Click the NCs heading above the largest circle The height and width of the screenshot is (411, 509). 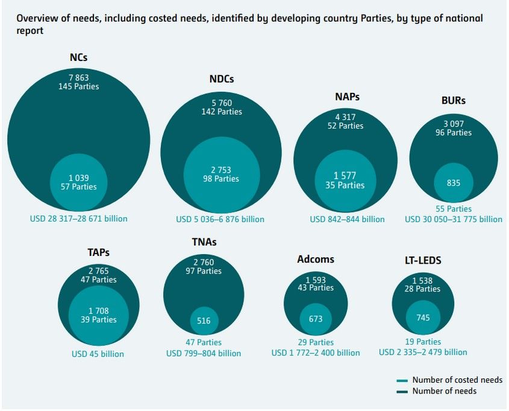[x=79, y=58]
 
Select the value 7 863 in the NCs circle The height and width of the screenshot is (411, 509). [x=79, y=77]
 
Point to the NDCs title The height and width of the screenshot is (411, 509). [x=221, y=79]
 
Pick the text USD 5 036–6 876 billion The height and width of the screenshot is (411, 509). [x=220, y=219]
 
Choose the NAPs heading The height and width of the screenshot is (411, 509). [x=347, y=97]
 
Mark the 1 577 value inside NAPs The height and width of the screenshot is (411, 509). [x=345, y=176]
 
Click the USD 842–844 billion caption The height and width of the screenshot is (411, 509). [x=347, y=219]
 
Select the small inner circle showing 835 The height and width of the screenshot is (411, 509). [x=453, y=182]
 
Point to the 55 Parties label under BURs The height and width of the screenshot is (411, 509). [x=454, y=209]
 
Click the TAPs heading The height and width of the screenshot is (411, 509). [x=98, y=253]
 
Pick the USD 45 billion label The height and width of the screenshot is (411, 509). [x=98, y=354]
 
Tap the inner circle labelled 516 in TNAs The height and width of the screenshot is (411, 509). [x=204, y=320]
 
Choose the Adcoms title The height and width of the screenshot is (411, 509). [x=316, y=260]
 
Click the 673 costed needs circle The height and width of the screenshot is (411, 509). [x=315, y=319]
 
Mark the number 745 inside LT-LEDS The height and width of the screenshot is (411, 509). [x=422, y=318]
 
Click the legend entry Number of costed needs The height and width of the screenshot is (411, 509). [x=457, y=380]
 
